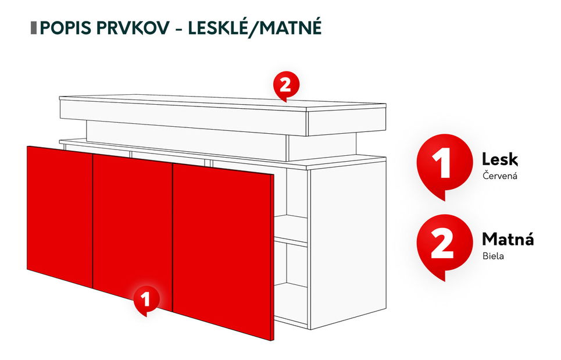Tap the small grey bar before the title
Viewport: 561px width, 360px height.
click(x=34, y=28)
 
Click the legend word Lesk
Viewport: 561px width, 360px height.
click(x=499, y=160)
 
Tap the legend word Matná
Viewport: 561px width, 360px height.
click(x=508, y=240)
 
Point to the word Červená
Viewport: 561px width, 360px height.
click(x=499, y=176)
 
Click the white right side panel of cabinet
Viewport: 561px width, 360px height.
click(x=347, y=244)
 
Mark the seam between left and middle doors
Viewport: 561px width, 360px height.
click(x=94, y=221)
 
